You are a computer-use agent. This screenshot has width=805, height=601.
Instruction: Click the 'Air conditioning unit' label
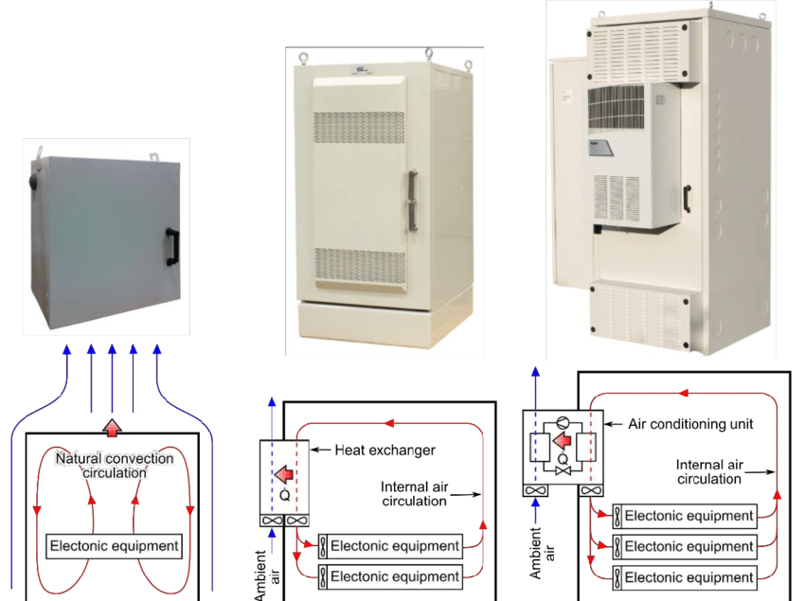click(x=691, y=424)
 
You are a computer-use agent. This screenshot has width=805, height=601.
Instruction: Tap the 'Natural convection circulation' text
click(x=115, y=466)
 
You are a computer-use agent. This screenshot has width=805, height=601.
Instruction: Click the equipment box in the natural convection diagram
click(x=114, y=545)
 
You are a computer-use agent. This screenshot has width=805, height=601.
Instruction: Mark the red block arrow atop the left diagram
click(x=113, y=427)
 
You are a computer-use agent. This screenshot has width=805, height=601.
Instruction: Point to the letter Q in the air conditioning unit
click(x=563, y=468)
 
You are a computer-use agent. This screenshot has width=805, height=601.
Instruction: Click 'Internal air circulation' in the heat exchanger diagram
click(x=414, y=494)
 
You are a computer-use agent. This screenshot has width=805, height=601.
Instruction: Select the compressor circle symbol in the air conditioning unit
click(x=563, y=424)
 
